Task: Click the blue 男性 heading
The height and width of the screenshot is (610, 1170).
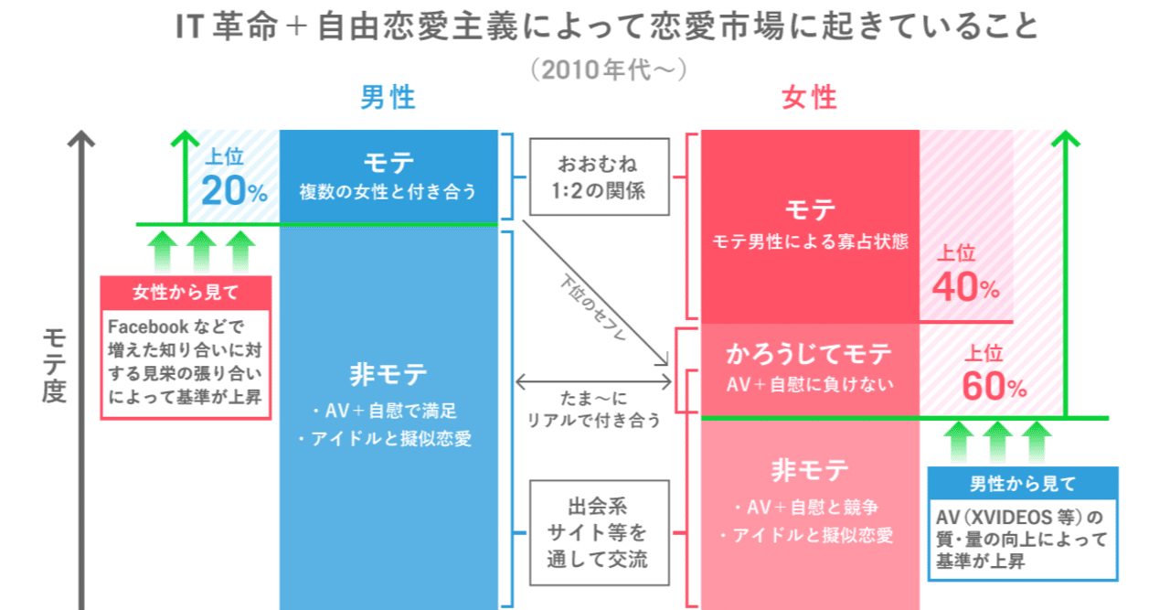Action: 388,98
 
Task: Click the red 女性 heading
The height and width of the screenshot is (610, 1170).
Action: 809,98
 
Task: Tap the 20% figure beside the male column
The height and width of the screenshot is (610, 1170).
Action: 234,190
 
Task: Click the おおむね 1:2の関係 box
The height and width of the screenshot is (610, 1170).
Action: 598,177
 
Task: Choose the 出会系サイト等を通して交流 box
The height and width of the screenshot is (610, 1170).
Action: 598,532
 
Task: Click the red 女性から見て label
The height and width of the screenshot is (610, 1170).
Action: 186,293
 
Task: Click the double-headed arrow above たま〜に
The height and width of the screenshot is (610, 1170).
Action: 593,381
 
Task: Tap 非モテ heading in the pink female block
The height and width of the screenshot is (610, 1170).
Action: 809,470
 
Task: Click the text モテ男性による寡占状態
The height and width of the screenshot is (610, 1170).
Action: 809,242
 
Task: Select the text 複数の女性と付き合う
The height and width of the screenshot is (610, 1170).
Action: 388,192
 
